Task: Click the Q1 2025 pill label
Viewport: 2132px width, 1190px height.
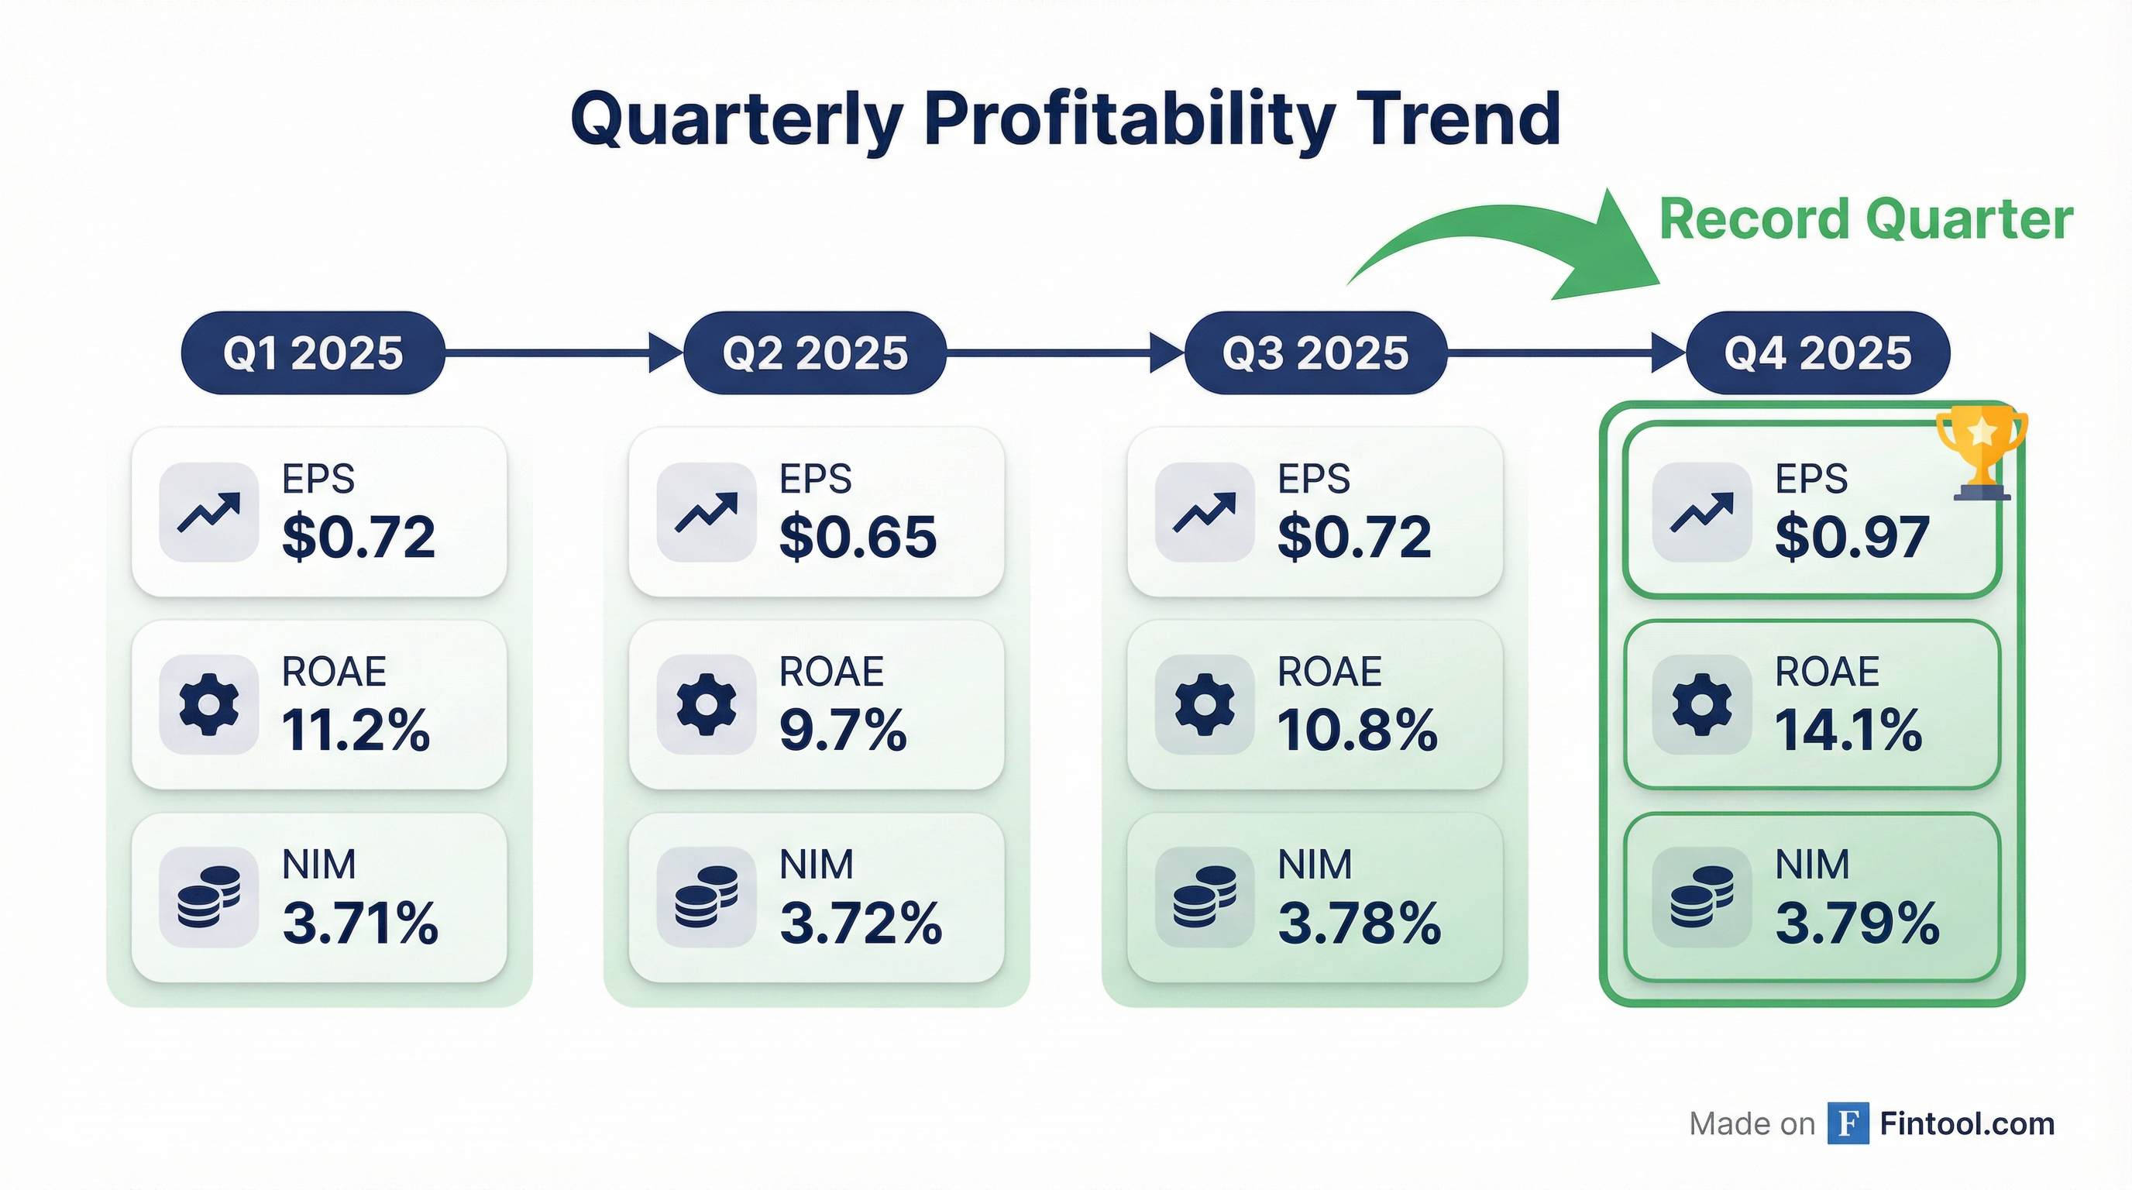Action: tap(313, 353)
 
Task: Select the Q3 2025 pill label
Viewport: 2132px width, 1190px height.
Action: tap(1315, 353)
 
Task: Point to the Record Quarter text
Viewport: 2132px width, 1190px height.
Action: tap(1865, 220)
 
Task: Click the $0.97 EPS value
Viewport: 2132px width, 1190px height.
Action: tap(1852, 537)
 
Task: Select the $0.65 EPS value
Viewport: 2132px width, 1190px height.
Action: tap(858, 537)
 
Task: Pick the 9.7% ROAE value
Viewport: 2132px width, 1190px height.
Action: tap(843, 730)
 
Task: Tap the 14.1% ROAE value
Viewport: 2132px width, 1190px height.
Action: tap(1847, 730)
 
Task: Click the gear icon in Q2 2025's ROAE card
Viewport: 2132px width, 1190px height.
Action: tap(706, 704)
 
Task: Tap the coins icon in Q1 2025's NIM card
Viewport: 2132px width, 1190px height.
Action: tap(208, 897)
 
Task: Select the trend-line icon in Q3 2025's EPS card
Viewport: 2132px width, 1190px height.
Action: tap(1204, 512)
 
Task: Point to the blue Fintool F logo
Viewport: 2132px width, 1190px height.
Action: tap(1848, 1123)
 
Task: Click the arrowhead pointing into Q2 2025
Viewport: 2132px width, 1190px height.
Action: tap(665, 353)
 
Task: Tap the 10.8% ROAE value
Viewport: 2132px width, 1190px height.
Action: tap(1357, 730)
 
